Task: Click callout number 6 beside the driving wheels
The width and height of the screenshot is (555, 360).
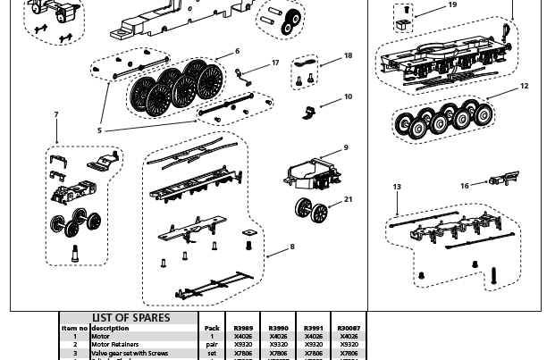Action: pos(238,52)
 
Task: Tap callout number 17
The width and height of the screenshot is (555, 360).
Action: pos(275,63)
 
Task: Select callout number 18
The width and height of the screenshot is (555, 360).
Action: pos(348,55)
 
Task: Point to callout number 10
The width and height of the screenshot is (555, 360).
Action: pos(348,96)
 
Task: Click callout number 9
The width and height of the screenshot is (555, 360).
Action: pos(346,148)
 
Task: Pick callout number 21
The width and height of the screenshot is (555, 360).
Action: pos(349,199)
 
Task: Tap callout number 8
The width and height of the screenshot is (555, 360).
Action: pos(291,247)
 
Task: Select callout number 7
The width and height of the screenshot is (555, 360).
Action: pos(56,115)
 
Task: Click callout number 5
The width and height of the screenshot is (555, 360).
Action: pos(99,130)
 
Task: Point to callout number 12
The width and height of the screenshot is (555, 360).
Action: pos(525,87)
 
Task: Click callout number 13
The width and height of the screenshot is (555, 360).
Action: pos(397,188)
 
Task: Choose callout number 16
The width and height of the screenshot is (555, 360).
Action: pos(465,186)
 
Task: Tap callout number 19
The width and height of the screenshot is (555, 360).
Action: pos(452,5)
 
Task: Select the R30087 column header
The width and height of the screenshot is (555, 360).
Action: pos(349,328)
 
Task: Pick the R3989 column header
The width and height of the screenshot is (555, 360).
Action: pos(243,328)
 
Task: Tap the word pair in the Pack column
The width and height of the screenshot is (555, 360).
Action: pos(212,344)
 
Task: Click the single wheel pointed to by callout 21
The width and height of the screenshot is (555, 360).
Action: pos(307,210)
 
